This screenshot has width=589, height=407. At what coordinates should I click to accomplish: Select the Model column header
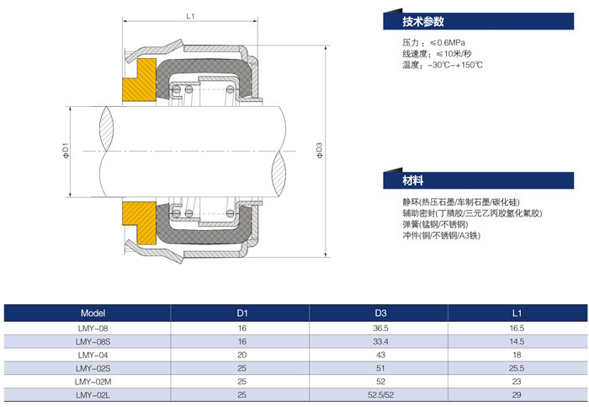[x=93, y=313]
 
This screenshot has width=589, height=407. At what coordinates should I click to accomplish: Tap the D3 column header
[x=379, y=313]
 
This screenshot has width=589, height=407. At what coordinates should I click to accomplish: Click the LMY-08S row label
[x=93, y=341]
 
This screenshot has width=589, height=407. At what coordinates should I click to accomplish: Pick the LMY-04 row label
[x=93, y=355]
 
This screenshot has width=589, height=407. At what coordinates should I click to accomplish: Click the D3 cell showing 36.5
[x=379, y=328]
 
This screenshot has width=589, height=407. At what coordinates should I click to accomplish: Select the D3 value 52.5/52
[x=379, y=394]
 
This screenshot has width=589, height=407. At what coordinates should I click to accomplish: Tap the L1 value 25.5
[x=516, y=367]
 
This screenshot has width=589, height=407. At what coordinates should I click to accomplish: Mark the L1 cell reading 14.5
[x=516, y=341]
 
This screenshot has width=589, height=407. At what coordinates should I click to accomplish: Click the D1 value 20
[x=242, y=355]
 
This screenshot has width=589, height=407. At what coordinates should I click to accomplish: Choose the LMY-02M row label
[x=93, y=381]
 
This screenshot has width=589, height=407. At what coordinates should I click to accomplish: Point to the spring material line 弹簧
[x=437, y=225]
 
